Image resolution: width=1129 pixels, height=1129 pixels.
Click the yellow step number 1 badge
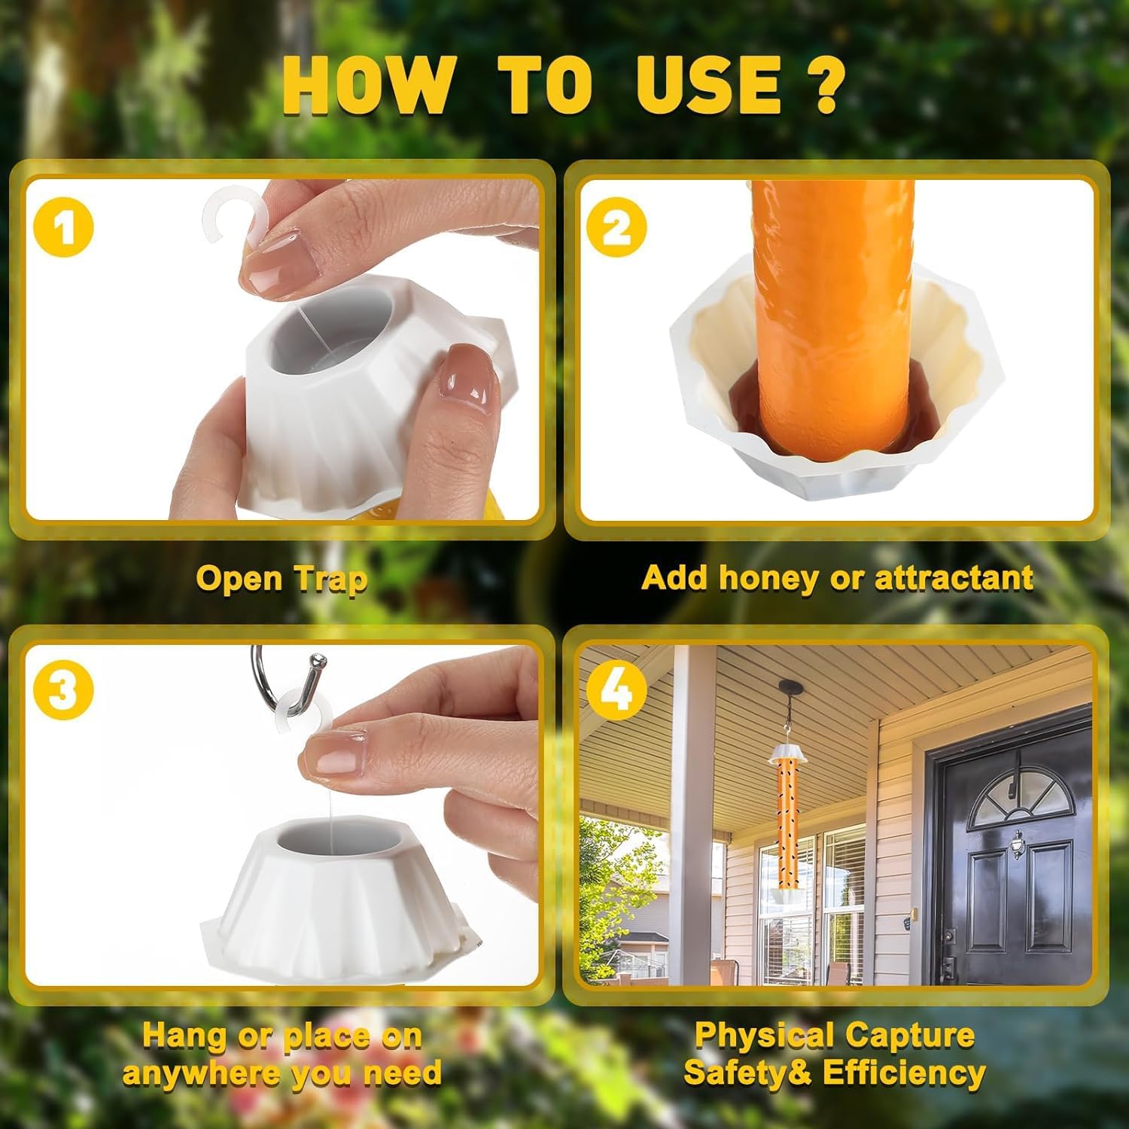(64, 227)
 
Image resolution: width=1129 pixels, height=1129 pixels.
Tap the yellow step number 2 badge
(616, 227)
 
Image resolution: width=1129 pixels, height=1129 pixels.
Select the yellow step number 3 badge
(64, 689)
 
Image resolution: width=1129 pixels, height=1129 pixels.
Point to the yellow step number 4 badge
(616, 689)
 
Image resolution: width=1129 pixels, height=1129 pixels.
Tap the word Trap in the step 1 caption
(330, 580)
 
